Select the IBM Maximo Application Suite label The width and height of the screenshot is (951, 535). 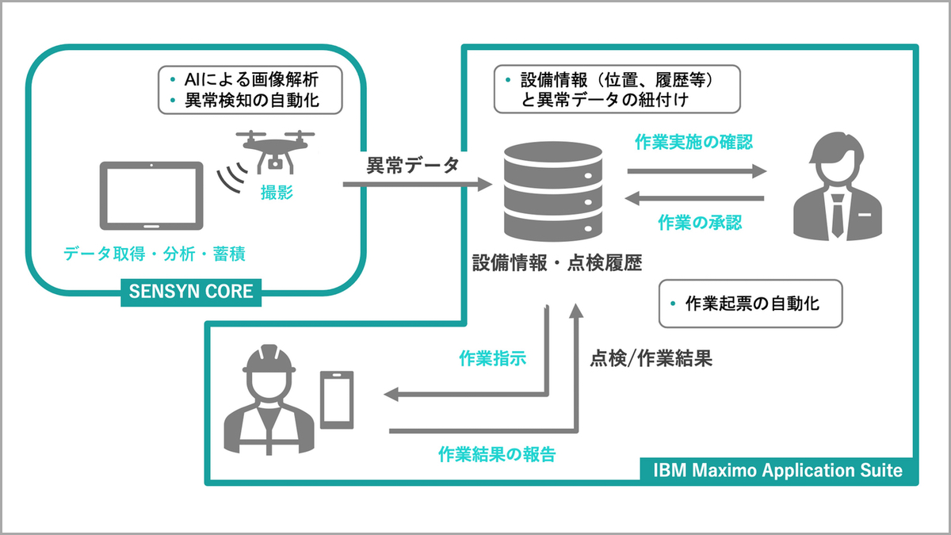tap(777, 470)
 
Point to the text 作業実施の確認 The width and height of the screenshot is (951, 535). tap(694, 143)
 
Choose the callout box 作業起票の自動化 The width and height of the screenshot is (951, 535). tap(750, 304)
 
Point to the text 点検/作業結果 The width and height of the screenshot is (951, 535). tap(651, 358)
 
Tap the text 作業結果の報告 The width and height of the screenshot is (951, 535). tap(497, 454)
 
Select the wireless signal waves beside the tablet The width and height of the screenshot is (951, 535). tap(230, 180)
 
